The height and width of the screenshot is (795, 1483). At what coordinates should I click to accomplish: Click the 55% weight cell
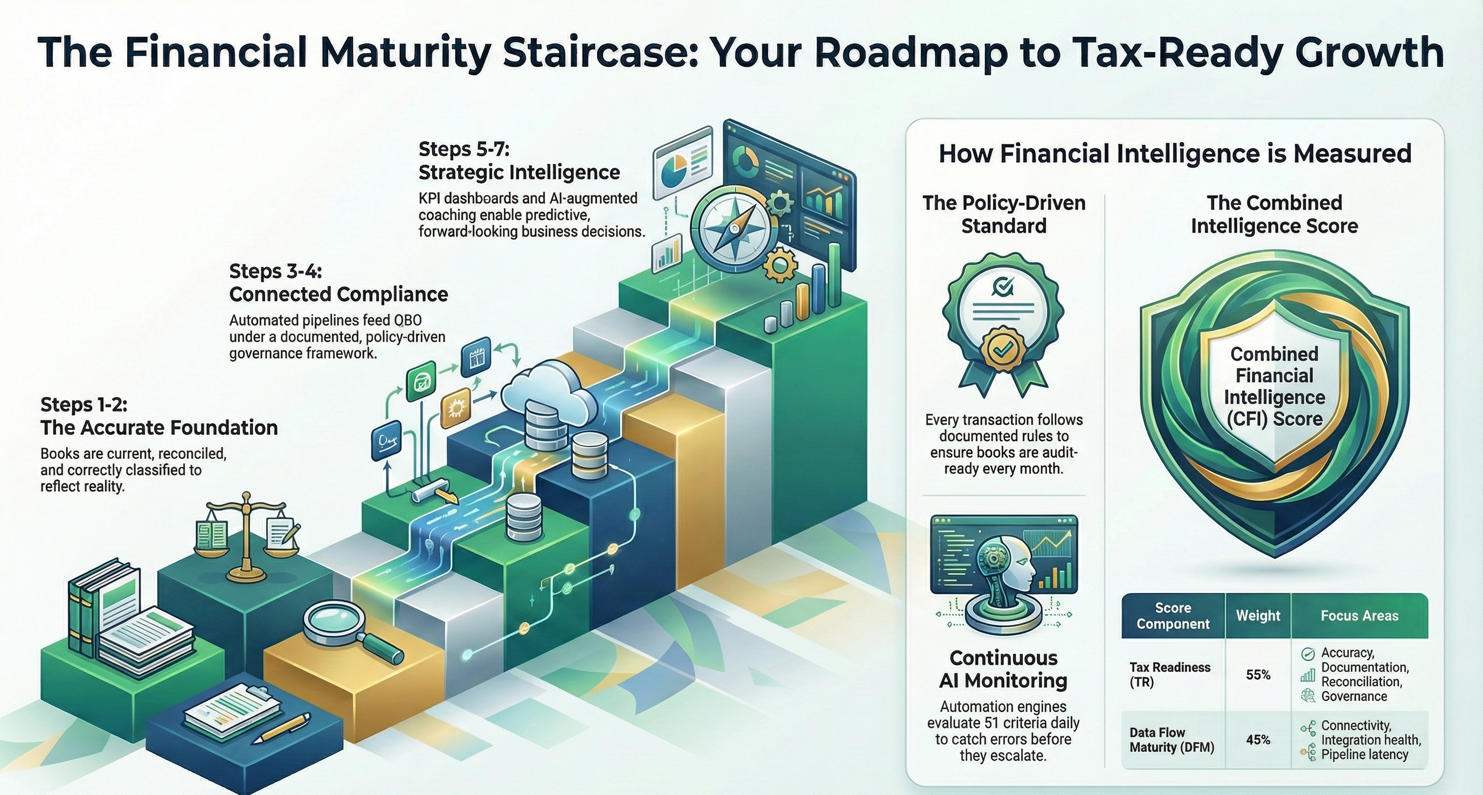1258,675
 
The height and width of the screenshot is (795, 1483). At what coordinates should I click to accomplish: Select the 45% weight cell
1258,740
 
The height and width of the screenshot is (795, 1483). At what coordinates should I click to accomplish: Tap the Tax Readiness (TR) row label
1169,675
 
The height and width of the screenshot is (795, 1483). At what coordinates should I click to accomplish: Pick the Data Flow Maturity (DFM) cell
1172,740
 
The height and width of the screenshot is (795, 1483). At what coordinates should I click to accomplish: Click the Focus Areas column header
1359,616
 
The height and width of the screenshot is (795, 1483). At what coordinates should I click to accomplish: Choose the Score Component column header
1173,616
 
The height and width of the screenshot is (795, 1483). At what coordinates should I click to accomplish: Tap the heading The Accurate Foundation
159,428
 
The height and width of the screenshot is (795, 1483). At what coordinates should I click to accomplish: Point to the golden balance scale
247,536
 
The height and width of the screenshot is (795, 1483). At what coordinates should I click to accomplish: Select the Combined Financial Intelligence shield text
1274,386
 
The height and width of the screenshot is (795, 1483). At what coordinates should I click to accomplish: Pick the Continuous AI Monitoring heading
1003,669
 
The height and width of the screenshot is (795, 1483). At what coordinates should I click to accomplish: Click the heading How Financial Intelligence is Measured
1175,154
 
